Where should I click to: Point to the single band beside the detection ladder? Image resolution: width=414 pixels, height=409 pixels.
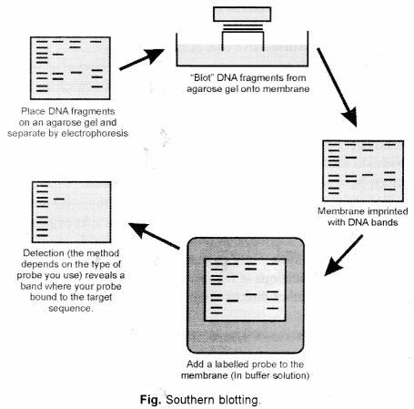59,197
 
